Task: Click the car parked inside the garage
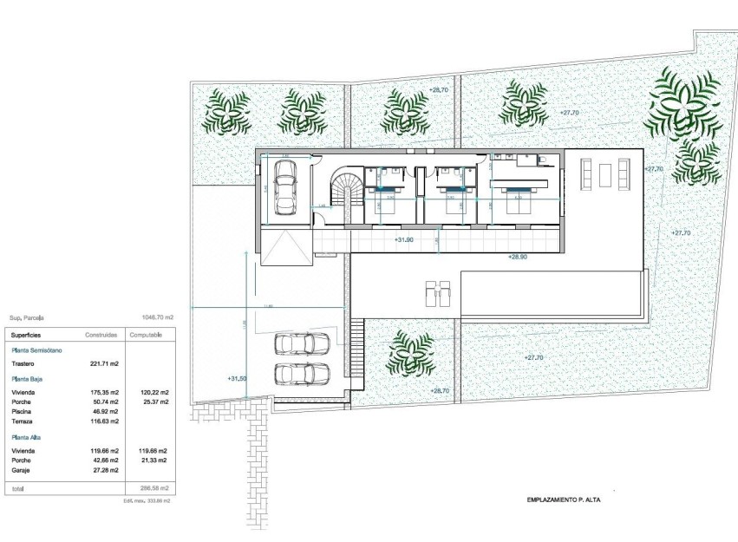[285, 187]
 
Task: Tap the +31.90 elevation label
[405, 239]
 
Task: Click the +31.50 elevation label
[237, 378]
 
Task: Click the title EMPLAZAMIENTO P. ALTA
[564, 500]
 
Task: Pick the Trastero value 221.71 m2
[101, 364]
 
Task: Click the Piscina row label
[23, 412]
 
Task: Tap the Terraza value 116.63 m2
[101, 421]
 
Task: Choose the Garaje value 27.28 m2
[103, 469]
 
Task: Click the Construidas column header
[101, 334]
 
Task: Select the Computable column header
[146, 334]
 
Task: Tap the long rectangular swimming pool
[552, 292]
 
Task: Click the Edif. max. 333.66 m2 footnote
[147, 500]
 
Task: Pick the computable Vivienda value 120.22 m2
[153, 393]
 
